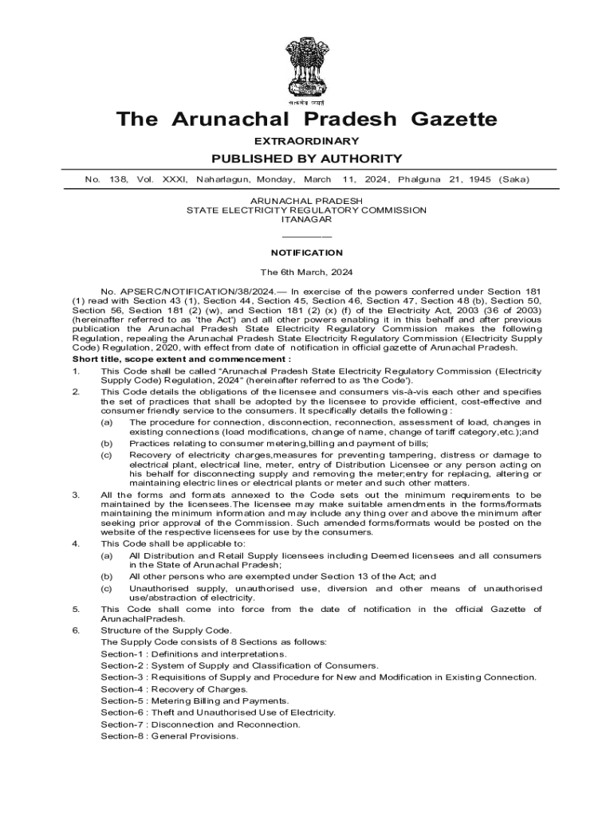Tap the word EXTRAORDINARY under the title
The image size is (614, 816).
pyautogui.click(x=307, y=141)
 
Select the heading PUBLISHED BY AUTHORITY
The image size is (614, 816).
pyautogui.click(x=307, y=159)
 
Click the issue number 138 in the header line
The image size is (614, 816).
pyautogui.click(x=119, y=180)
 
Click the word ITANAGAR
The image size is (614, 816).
pyautogui.click(x=306, y=219)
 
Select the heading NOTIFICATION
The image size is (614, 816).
pyautogui.click(x=306, y=253)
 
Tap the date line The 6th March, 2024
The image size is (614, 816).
pyautogui.click(x=306, y=272)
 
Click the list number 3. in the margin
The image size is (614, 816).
pyautogui.click(x=76, y=495)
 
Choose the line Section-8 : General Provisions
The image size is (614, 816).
pyautogui.click(x=169, y=736)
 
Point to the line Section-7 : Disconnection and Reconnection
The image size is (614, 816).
pyautogui.click(x=200, y=724)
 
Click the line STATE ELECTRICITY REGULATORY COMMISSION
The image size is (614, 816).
pyautogui.click(x=306, y=210)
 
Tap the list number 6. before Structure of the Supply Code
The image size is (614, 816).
pyautogui.click(x=76, y=630)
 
